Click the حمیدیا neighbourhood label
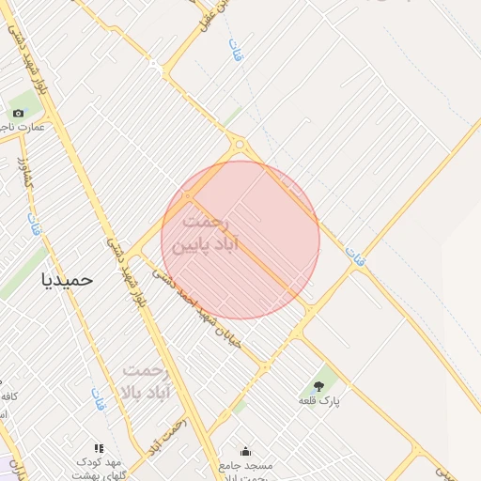[x=69, y=279]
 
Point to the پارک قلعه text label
[x=318, y=401]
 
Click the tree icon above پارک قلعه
[x=318, y=385]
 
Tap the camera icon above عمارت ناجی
[x=18, y=114]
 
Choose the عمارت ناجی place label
[x=20, y=127]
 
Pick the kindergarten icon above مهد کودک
[x=99, y=449]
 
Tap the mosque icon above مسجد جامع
[x=246, y=451]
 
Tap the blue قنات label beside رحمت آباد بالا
[x=98, y=398]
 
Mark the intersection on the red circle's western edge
[x=189, y=195]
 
